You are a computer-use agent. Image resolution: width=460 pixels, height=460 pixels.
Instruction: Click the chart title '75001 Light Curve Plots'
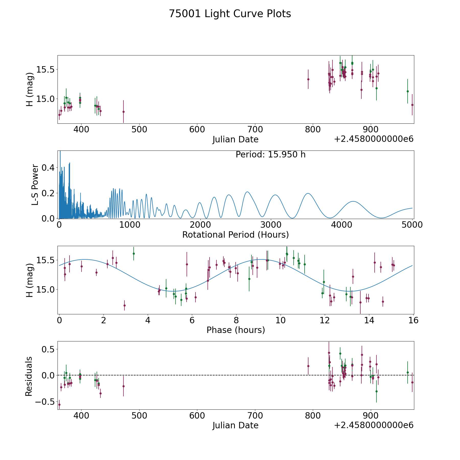pos(230,14)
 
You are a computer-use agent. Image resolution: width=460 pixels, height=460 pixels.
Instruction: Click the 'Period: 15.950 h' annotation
pos(270,155)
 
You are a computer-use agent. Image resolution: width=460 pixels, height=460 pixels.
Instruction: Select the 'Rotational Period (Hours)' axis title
pos(235,235)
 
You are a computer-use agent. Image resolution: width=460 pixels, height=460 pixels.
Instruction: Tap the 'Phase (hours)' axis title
pos(236,330)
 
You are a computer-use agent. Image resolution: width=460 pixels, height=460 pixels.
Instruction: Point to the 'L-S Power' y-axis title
pos(35,185)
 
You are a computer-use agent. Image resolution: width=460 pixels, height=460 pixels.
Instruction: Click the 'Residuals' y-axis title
pos(29,376)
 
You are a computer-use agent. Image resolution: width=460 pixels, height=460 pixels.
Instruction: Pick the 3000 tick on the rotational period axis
pos(271,225)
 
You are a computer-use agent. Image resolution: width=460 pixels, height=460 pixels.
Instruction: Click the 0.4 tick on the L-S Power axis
pos(48,168)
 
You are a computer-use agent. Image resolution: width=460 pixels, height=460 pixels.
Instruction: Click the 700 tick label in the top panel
pos(255,130)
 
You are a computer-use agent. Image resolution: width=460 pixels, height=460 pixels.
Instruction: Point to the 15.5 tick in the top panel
pos(45,70)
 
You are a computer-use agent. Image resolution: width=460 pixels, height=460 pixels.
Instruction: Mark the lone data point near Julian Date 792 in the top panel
pos(308,79)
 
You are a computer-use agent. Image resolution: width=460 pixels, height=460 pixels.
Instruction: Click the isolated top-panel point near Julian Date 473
pos(123,112)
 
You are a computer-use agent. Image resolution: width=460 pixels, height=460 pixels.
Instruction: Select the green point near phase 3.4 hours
pos(134,254)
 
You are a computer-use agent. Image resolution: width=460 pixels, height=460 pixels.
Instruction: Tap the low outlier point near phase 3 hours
pos(124,305)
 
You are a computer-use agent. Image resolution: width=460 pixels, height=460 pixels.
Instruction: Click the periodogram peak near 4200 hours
pos(353,201)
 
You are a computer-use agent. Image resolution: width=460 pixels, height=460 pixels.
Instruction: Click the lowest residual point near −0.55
pos(59,405)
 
